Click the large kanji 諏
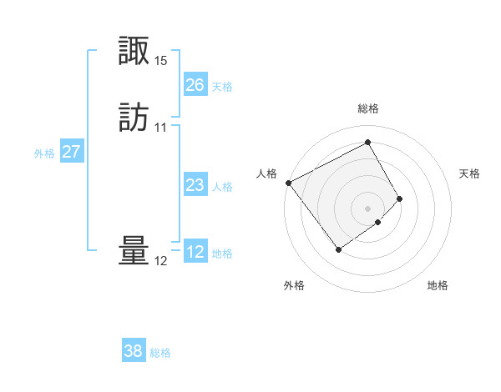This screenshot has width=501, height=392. click(x=134, y=53)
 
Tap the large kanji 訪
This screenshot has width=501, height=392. click(x=134, y=117)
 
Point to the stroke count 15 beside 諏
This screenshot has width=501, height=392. click(x=161, y=61)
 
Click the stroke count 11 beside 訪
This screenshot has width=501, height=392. click(x=161, y=128)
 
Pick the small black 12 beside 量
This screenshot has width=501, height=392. click(x=161, y=261)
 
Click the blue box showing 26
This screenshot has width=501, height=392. click(x=195, y=85)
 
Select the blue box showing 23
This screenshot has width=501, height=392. click(x=195, y=185)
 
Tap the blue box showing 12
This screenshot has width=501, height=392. click(x=195, y=252)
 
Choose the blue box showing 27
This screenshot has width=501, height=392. click(x=71, y=152)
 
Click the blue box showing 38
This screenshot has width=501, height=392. click(x=133, y=351)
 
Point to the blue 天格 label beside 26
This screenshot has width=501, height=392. click(x=222, y=87)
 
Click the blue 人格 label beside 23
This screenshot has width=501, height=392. click(x=222, y=187)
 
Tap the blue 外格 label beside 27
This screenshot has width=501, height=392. click(x=44, y=153)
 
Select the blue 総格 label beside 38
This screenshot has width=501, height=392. click(x=160, y=353)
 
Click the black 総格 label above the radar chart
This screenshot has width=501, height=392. click(x=368, y=108)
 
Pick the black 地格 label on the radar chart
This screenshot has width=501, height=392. click(x=438, y=286)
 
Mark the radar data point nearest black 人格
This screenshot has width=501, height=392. click(x=288, y=183)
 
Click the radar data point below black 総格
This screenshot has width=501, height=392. click(x=367, y=142)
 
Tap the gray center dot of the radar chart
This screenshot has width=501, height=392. click(x=367, y=208)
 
